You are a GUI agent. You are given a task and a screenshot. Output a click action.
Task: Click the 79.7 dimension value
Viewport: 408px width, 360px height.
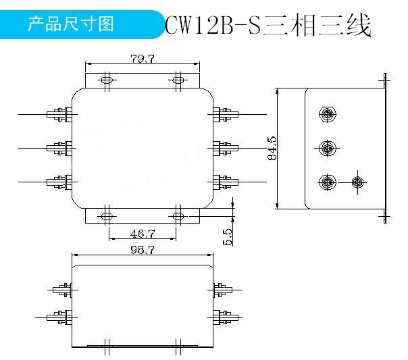point(143,59)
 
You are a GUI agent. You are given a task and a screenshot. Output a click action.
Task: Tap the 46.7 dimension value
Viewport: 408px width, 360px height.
point(143,233)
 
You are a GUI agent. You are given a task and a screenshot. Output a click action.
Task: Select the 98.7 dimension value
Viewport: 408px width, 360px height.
point(143,250)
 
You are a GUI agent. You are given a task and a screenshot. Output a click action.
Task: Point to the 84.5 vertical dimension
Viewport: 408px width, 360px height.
point(272,148)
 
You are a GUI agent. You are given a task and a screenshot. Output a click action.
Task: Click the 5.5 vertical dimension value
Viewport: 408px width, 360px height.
point(228,237)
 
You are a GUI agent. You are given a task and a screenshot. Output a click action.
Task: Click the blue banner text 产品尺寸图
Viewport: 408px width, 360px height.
point(70,24)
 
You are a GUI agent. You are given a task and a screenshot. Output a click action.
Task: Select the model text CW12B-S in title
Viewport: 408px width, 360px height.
point(212,25)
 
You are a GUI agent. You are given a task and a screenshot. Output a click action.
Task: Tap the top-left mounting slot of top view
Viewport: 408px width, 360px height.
point(107,80)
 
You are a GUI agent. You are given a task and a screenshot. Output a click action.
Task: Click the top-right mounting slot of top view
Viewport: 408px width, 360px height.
point(178,80)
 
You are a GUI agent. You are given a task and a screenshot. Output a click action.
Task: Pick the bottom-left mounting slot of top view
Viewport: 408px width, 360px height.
point(107,216)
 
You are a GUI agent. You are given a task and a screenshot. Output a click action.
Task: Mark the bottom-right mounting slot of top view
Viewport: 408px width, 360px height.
point(178,216)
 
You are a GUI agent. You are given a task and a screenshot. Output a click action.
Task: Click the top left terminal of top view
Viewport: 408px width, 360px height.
point(59,114)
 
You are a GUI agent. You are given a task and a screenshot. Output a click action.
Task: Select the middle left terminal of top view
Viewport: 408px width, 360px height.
point(59,149)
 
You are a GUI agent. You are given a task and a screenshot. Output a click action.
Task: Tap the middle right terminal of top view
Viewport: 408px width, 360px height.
point(226,149)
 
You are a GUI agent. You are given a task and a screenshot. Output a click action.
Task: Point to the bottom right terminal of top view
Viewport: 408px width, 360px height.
point(226,182)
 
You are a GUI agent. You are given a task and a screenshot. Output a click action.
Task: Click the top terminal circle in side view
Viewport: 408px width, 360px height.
point(328,114)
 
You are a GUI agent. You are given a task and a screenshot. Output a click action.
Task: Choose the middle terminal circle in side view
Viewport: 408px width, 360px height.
point(328,148)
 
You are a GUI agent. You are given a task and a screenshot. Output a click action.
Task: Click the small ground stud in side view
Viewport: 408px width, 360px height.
point(358,182)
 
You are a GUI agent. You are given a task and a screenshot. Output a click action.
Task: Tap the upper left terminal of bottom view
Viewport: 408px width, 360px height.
point(62,290)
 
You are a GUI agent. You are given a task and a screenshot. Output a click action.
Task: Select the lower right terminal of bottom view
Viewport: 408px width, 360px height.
point(226,317)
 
